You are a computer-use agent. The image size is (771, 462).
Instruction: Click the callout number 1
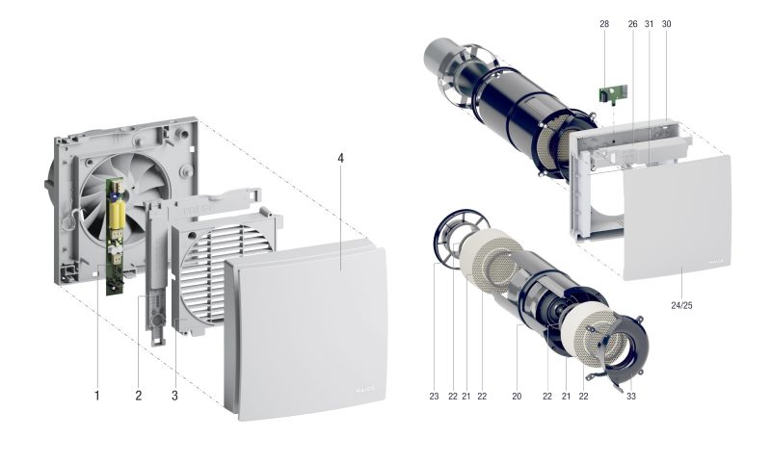(97, 396)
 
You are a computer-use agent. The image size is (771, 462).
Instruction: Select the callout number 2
(138, 396)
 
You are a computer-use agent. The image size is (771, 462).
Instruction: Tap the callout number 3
(174, 396)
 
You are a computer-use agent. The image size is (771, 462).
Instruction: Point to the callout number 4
(340, 158)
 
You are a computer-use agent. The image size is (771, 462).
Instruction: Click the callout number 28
(604, 23)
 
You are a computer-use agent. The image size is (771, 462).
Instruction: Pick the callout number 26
(633, 23)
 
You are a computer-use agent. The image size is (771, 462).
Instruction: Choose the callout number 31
(649, 23)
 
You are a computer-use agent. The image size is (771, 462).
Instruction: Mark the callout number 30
(666, 23)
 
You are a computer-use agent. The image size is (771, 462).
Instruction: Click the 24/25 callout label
(681, 305)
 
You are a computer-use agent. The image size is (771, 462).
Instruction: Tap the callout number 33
(631, 397)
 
